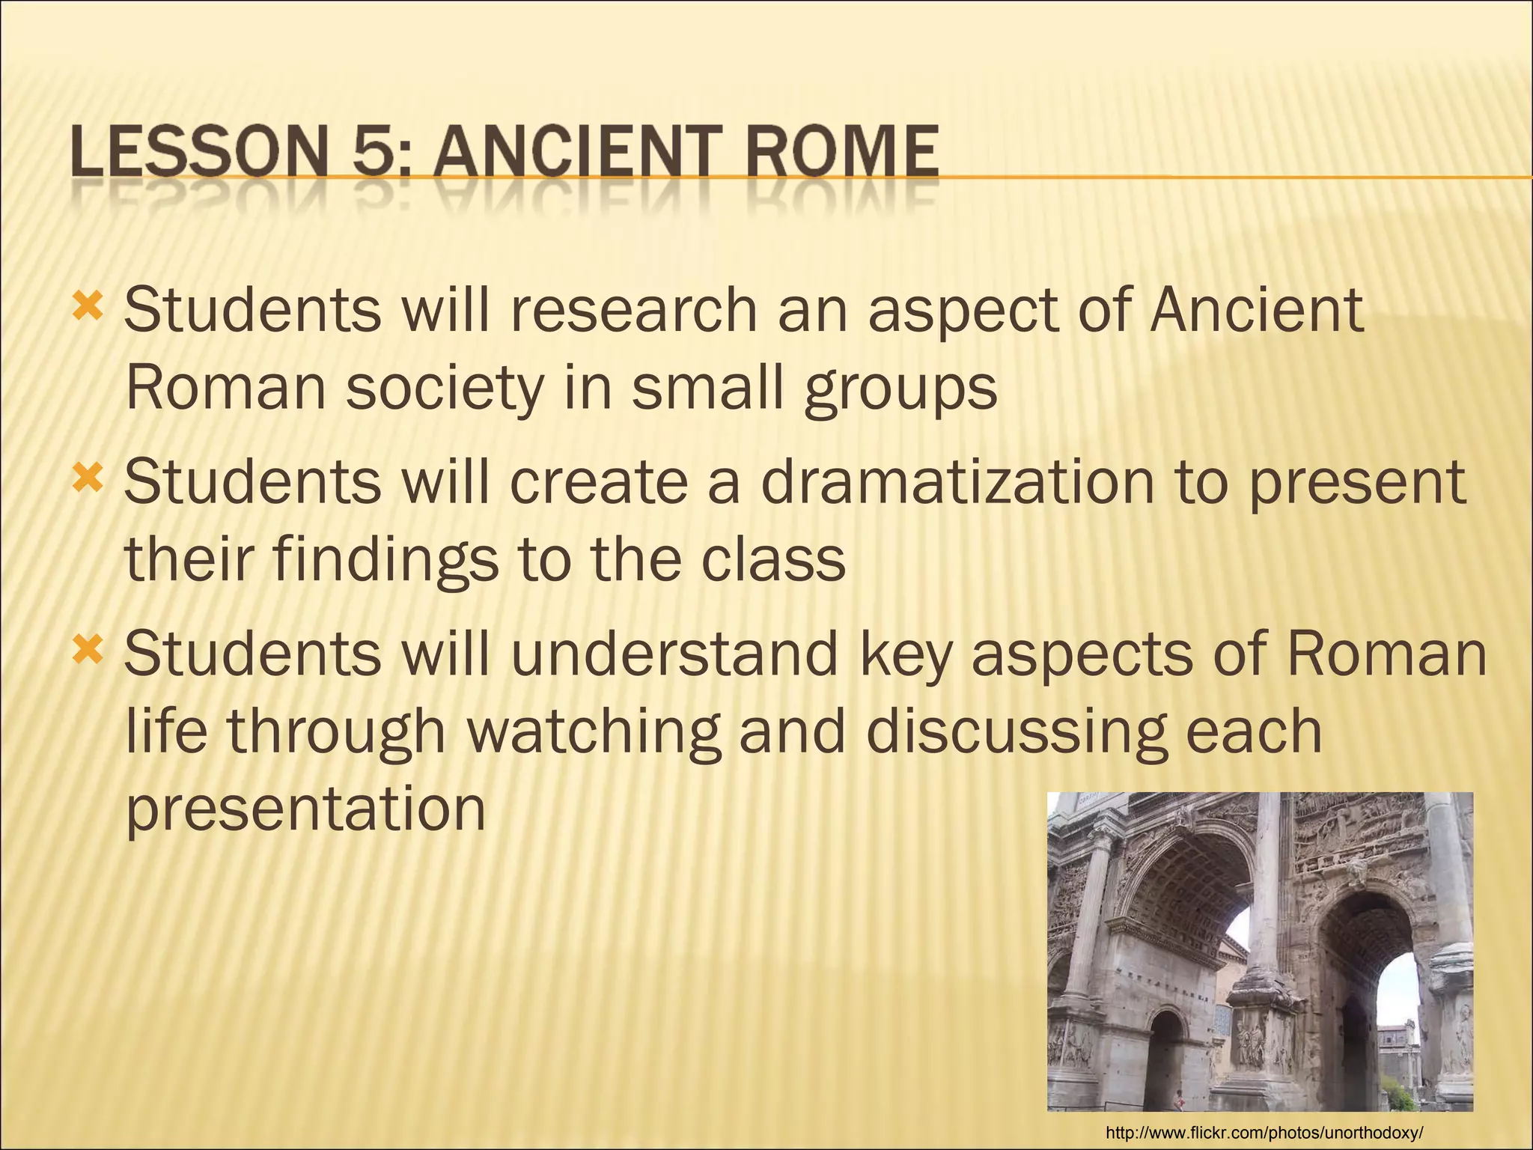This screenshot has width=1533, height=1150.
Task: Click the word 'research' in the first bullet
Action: coord(633,311)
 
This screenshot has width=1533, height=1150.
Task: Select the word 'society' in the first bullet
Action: coord(444,389)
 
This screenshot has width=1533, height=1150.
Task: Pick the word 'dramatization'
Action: coord(957,483)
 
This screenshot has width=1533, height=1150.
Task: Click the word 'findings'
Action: coord(384,562)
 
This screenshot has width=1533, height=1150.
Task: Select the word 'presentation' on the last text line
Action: coord(305,811)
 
